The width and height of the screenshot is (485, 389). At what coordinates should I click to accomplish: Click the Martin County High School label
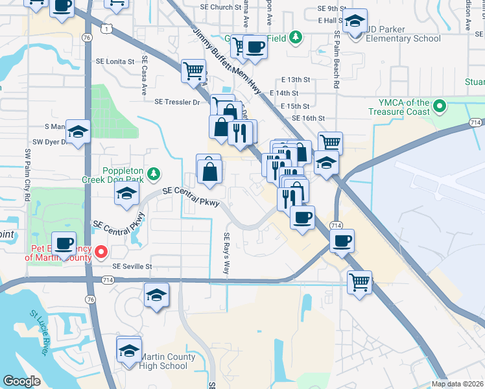(164, 362)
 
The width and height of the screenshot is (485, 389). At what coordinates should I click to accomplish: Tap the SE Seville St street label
(132, 266)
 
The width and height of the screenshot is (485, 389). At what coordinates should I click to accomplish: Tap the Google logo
(22, 381)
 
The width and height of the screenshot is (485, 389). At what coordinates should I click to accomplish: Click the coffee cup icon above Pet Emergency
(64, 243)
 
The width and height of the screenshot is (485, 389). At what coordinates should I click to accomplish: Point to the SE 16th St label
(308, 119)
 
